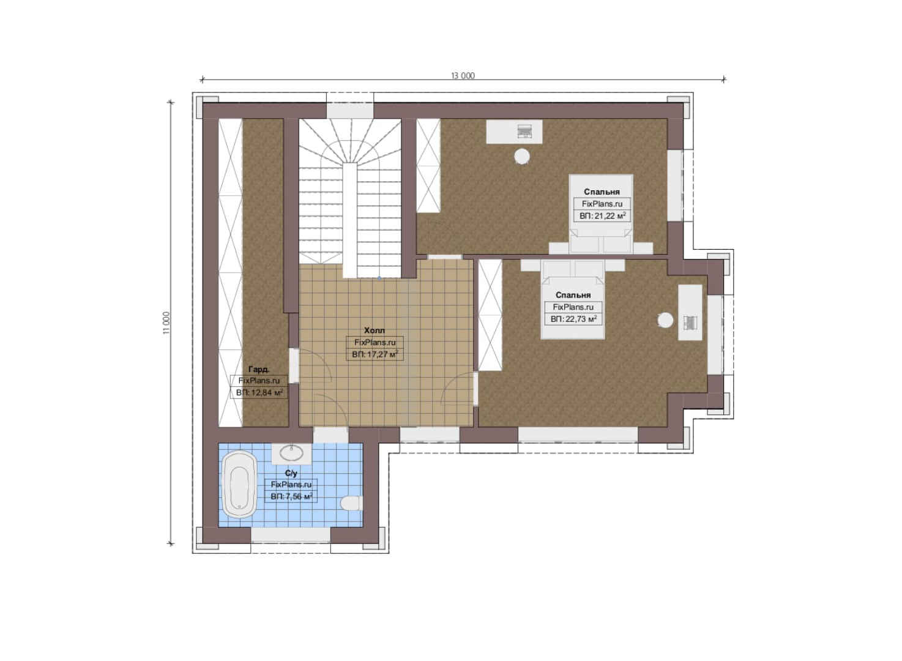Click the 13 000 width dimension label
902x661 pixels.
[463, 76]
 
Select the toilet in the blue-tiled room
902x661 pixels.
[351, 504]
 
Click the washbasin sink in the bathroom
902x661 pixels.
[291, 453]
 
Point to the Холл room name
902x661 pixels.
[375, 330]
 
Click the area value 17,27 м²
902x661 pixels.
[375, 354]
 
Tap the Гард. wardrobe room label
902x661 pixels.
[259, 369]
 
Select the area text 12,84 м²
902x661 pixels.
[259, 392]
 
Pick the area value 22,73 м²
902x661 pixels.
[573, 319]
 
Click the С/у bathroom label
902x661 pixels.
[291, 473]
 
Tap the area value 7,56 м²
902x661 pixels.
[291, 496]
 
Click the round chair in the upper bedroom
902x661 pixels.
[522, 156]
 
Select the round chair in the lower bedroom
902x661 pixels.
[665, 320]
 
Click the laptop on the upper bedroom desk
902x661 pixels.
[524, 130]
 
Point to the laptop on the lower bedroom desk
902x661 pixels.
[690, 323]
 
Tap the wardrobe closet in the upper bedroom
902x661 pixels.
[428, 165]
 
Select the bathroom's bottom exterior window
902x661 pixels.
[291, 536]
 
